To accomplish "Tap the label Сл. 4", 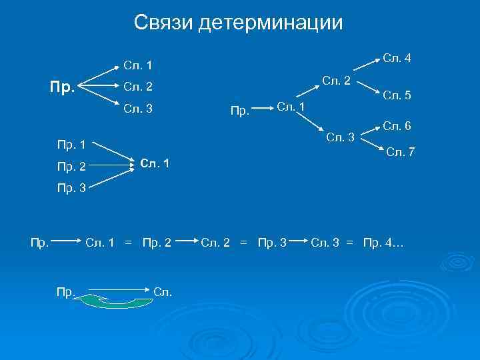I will [x=397, y=59].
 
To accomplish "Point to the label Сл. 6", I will [x=397, y=125].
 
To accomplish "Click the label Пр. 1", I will [x=71, y=143].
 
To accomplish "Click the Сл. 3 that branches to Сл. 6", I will [x=340, y=138].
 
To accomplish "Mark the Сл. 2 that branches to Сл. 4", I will [x=337, y=81].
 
